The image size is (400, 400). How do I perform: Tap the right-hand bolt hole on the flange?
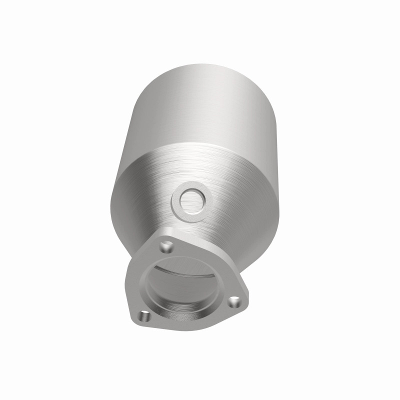233,301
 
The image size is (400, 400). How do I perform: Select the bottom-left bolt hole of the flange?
144,315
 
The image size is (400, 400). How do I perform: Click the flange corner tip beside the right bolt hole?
245,302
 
